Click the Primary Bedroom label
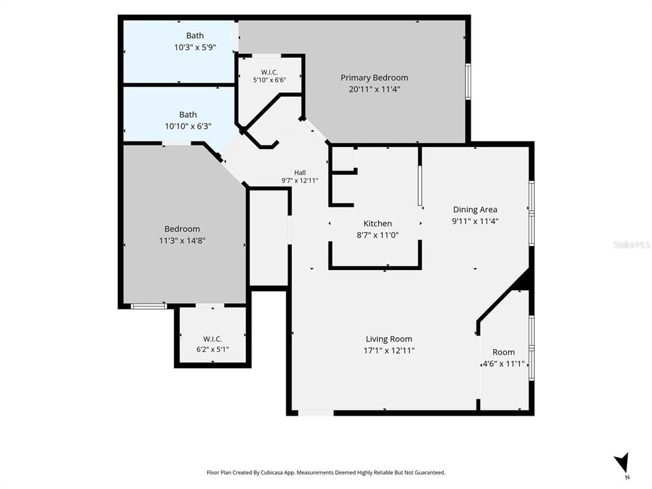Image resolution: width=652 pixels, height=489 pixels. tap(374, 78)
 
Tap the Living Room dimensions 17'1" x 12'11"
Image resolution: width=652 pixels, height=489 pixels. tap(389, 351)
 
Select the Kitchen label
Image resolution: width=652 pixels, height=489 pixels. tap(378, 223)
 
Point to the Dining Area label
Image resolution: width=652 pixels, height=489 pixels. tap(475, 210)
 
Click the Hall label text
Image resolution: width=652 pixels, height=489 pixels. tap(300, 173)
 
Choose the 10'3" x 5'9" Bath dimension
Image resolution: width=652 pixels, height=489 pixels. tap(195, 47)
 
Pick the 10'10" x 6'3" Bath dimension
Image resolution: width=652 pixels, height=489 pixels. tap(188, 126)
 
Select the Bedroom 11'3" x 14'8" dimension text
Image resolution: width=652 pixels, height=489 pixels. tap(182, 240)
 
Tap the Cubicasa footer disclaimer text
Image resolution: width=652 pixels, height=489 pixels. tap(326, 472)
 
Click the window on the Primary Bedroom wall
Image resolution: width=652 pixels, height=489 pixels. tap(468, 81)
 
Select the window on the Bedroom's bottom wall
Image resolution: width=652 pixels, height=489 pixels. tap(149, 306)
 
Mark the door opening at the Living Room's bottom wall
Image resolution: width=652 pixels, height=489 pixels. tap(316, 413)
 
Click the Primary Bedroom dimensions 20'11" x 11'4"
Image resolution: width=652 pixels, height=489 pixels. tap(374, 89)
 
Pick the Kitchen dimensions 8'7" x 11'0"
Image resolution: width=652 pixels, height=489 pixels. tap(378, 236)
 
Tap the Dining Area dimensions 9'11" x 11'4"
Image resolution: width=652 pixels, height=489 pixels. tap(475, 221)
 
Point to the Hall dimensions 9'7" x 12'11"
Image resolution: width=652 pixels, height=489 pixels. tap(300, 180)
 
